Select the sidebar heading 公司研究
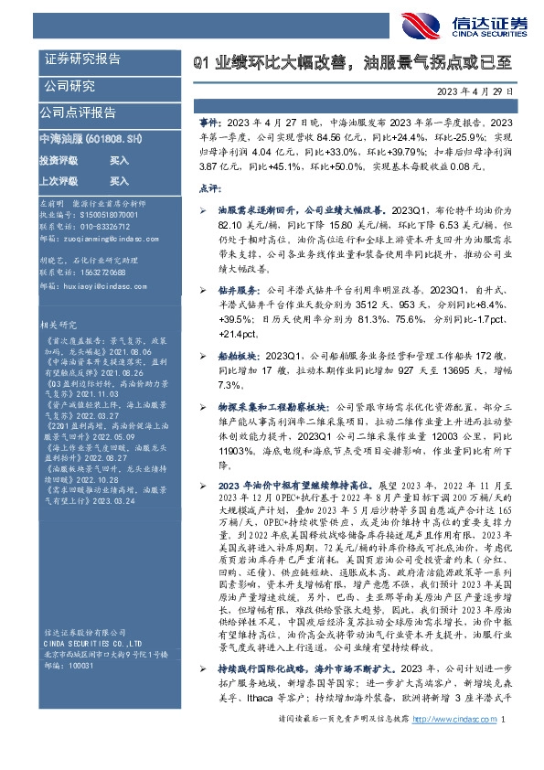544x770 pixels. click(x=69, y=87)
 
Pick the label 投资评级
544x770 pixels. click(x=58, y=159)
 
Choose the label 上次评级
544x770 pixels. click(x=58, y=181)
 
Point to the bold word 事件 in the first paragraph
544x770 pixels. click(x=208, y=121)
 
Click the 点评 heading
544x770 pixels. click(x=208, y=187)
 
